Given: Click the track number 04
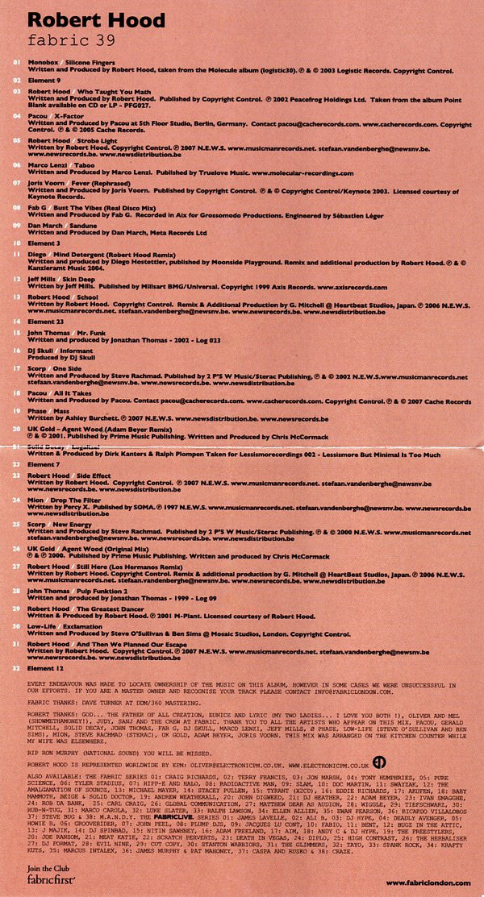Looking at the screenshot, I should click(x=16, y=116).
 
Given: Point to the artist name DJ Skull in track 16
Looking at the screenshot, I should click(x=42, y=351).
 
